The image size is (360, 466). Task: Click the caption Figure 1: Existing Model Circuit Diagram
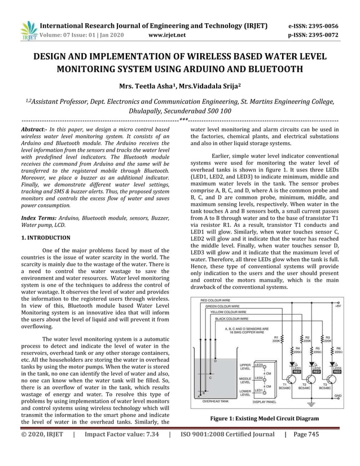(265, 419)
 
